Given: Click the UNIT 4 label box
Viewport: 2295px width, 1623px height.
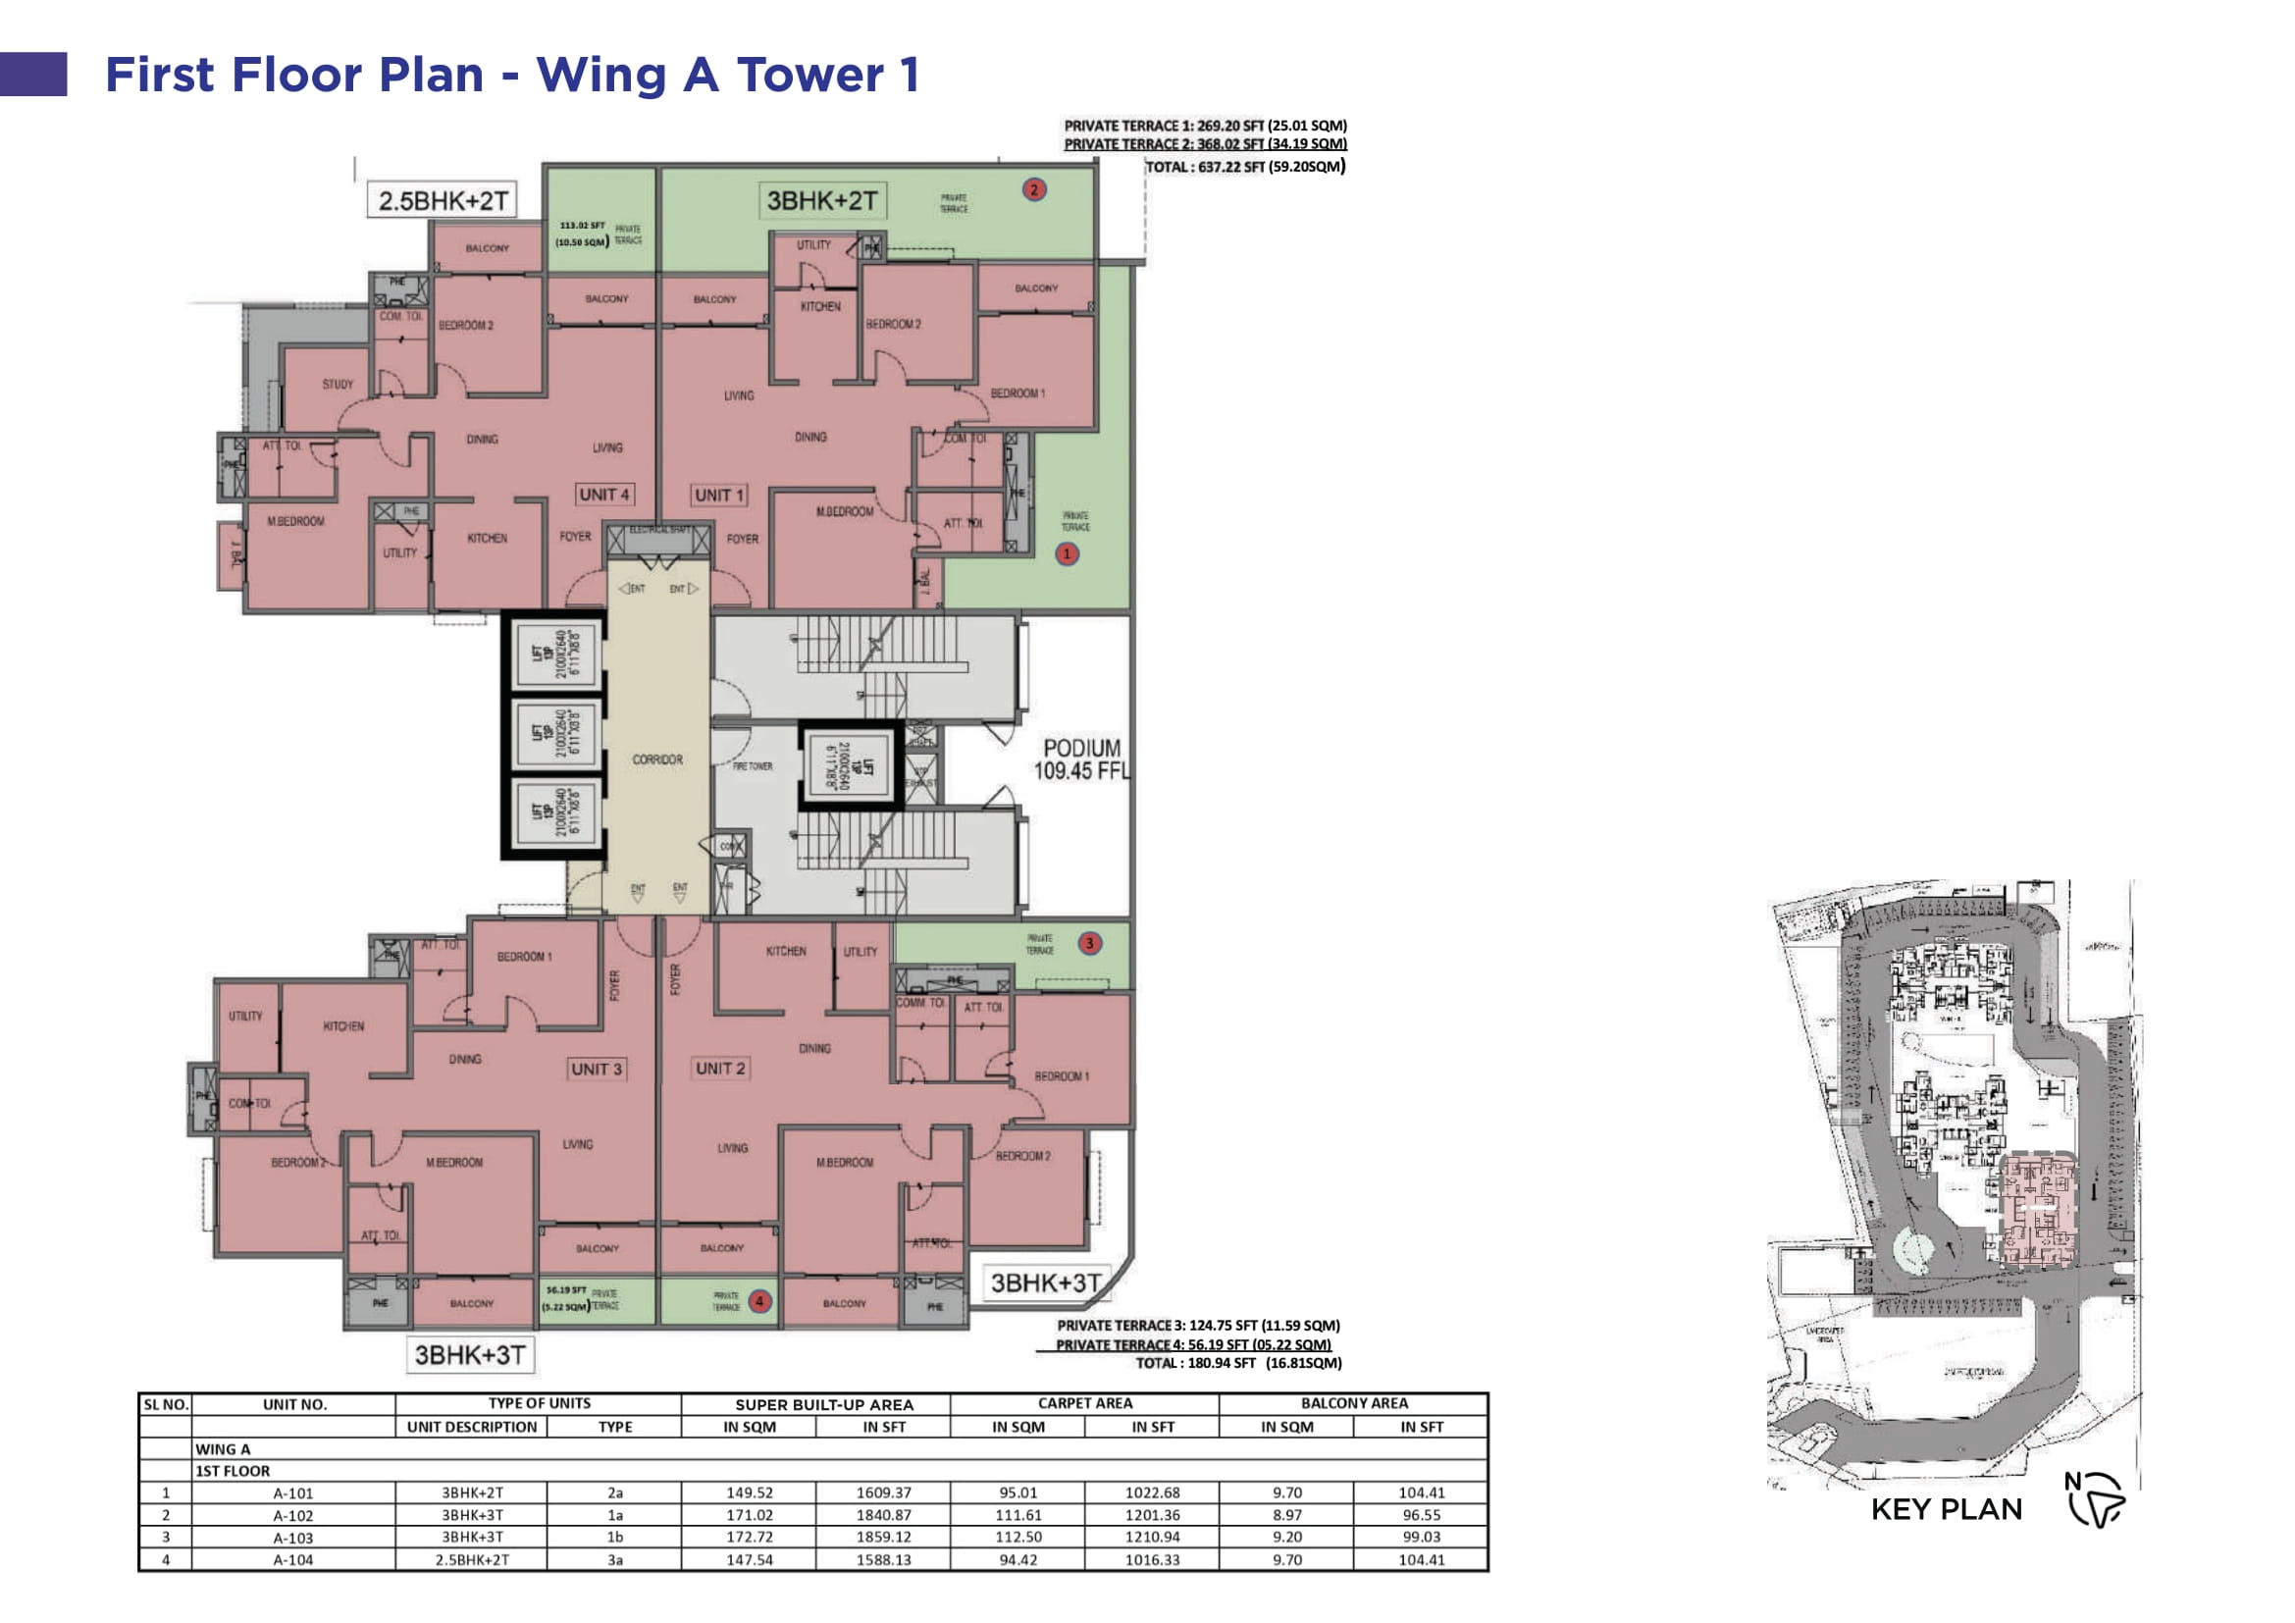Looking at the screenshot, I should tap(603, 495).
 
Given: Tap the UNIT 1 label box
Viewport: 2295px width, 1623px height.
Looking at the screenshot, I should tap(718, 496).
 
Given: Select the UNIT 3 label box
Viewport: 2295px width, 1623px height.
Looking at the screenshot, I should tap(597, 1070).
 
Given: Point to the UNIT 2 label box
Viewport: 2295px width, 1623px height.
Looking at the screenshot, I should tap(719, 1069).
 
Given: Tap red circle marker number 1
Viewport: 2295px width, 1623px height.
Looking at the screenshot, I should tap(1067, 553).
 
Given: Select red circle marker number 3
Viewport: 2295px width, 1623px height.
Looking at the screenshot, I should tap(1088, 942).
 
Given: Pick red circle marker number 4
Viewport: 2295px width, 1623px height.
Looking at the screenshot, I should tap(759, 1301).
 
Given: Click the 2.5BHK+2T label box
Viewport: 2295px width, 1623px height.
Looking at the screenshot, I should tap(443, 201).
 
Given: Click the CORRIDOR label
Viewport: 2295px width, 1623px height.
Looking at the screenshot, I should tap(656, 759).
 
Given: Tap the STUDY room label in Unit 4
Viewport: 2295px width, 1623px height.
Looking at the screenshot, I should tap(338, 384).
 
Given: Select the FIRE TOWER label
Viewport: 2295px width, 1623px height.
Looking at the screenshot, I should tap(752, 766).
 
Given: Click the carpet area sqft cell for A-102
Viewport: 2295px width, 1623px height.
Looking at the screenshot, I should tap(1152, 1515).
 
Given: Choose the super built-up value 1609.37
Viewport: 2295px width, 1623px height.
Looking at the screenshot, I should tap(883, 1493).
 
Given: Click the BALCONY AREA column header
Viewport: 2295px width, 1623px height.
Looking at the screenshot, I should tap(1353, 1403).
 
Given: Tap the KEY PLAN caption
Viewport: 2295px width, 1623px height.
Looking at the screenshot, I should tap(1945, 1509).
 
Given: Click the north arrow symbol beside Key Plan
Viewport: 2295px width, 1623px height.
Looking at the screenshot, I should tap(2096, 1499).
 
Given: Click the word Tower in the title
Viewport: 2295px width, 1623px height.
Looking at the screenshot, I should tap(810, 75).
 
